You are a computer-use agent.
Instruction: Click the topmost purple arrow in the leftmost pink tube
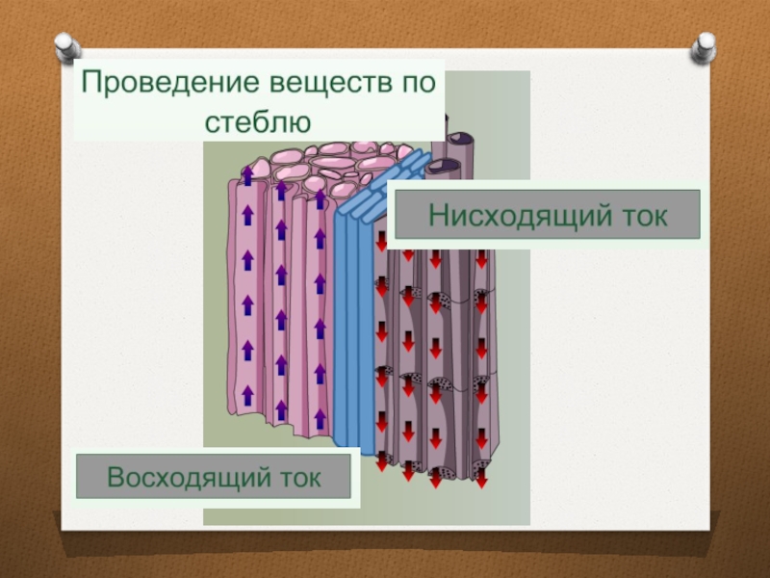click(x=247, y=175)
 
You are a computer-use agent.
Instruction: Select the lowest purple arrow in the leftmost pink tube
click(x=247, y=394)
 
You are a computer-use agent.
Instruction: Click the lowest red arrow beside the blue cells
click(x=382, y=460)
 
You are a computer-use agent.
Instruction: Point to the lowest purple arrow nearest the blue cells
click(x=321, y=416)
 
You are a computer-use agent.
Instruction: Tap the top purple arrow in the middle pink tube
click(x=281, y=189)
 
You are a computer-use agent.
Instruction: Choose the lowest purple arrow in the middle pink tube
click(x=281, y=409)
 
